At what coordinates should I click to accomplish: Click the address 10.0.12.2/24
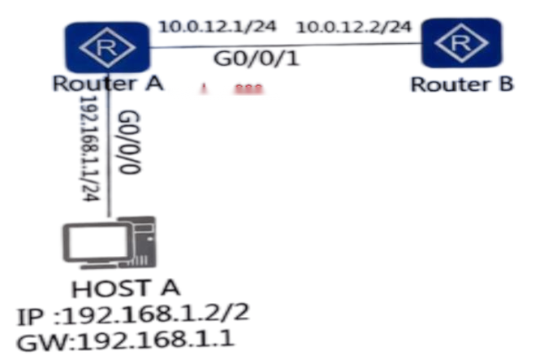(353, 27)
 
